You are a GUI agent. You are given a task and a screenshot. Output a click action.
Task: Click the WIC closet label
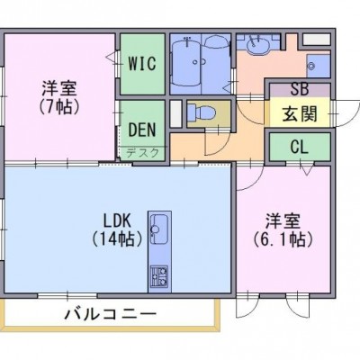[142, 63]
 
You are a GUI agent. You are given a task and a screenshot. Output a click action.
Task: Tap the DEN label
[142, 130]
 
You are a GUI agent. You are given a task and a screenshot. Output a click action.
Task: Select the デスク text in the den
[142, 153]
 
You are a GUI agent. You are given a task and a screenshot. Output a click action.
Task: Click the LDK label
[117, 221]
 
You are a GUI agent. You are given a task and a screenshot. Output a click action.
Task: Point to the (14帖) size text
[117, 239]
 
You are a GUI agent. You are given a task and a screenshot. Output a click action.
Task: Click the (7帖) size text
[59, 106]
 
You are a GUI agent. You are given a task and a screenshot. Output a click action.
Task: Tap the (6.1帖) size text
[283, 239]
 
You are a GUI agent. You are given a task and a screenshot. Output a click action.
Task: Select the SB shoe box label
[300, 89]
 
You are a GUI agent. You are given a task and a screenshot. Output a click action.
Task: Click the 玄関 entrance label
[300, 113]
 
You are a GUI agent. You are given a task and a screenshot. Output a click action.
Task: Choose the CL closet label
[300, 147]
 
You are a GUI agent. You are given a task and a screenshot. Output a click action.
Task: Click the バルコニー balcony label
[111, 314]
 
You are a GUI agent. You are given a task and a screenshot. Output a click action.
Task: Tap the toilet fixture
[201, 112]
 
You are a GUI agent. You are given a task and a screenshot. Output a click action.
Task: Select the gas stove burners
[159, 276]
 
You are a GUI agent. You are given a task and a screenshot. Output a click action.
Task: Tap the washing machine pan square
[319, 66]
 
